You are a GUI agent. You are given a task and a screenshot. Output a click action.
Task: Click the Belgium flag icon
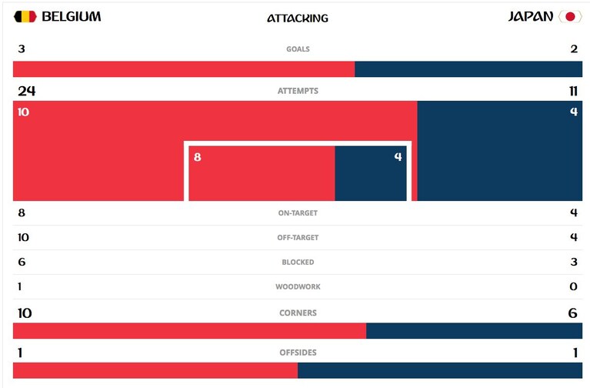(x=25, y=17)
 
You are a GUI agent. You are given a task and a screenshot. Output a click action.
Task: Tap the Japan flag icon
(x=570, y=17)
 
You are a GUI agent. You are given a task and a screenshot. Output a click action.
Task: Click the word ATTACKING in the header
(x=298, y=18)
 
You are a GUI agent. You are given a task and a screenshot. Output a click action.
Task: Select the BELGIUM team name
(x=71, y=17)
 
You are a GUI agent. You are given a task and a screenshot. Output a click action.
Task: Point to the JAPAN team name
(x=531, y=17)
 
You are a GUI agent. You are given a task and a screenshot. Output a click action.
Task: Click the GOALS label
(x=298, y=49)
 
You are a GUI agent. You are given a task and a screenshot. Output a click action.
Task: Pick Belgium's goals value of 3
(x=22, y=48)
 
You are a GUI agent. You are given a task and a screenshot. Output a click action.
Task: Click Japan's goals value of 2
(x=574, y=48)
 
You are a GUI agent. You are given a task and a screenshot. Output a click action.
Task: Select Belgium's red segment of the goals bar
(x=184, y=69)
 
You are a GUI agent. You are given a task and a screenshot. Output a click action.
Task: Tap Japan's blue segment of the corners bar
(x=474, y=331)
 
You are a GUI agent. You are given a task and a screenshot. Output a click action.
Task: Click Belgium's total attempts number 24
(x=27, y=91)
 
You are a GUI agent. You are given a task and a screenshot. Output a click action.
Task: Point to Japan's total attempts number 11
(x=573, y=91)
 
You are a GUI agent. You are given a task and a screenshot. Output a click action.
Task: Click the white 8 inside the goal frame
(x=198, y=157)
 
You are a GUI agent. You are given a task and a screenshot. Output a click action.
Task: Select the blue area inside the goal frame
(x=371, y=173)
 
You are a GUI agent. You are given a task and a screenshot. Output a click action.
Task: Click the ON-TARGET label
(x=298, y=212)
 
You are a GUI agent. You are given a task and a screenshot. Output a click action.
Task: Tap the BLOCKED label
(x=298, y=263)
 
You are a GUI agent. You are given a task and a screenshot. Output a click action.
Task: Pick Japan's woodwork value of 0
(x=573, y=286)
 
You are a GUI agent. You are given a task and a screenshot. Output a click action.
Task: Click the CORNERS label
(x=298, y=313)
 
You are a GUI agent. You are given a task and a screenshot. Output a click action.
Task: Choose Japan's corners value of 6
(x=572, y=313)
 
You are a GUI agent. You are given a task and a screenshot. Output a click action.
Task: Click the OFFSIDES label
(x=298, y=353)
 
